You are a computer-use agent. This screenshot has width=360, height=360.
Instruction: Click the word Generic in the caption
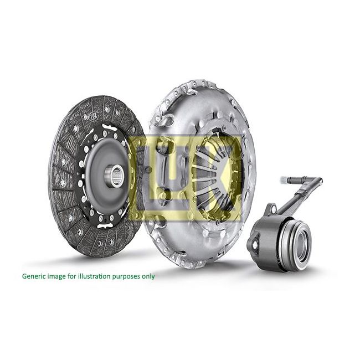tap(34, 276)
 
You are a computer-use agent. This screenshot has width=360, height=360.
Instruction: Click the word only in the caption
tap(148, 276)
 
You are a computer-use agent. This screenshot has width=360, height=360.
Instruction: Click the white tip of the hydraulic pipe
tap(284, 180)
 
